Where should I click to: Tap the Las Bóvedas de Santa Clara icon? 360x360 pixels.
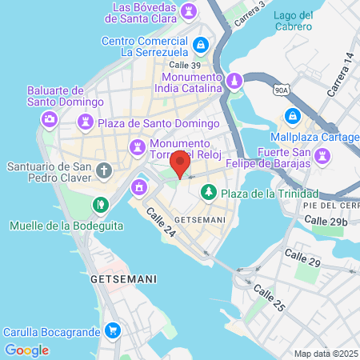(189, 11)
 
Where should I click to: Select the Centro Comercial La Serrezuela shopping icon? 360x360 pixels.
(202, 44)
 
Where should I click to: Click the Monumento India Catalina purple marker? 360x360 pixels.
(234, 81)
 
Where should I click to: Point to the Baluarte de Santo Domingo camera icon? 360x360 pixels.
(50, 119)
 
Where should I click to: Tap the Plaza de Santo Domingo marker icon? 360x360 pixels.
(85, 122)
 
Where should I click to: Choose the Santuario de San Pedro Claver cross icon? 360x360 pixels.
(103, 170)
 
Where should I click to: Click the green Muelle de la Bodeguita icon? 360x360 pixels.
(100, 205)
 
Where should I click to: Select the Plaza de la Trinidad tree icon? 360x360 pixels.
(209, 193)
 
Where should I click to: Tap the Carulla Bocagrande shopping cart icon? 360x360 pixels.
(113, 330)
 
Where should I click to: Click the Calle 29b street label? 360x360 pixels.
(326, 221)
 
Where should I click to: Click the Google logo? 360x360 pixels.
(26, 350)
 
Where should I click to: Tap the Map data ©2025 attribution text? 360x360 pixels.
(326, 354)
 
